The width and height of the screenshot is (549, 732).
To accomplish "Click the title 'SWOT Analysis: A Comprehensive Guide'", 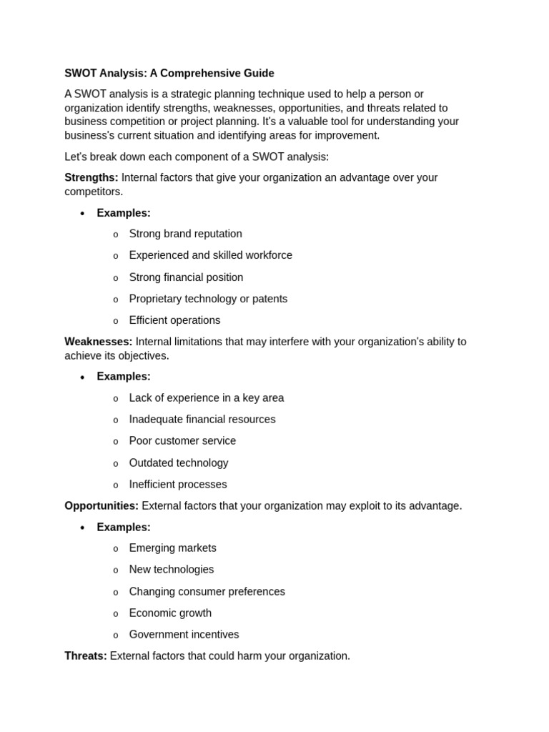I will click(169, 73).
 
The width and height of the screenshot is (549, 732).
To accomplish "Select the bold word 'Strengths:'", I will click(91, 177).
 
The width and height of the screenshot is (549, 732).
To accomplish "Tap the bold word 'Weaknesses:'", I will click(98, 342).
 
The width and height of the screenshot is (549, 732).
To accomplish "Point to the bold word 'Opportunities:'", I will click(102, 505).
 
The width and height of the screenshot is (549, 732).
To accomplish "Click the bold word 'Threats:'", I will click(86, 656).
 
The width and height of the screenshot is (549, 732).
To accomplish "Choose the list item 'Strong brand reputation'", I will click(185, 234).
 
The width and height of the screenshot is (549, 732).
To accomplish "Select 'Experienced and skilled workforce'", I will click(210, 255).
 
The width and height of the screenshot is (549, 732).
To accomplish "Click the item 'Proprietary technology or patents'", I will click(208, 299).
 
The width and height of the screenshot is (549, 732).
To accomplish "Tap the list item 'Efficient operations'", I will click(174, 320).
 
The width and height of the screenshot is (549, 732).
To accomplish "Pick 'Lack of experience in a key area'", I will click(206, 397).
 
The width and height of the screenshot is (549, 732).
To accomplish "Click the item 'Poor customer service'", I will click(182, 440).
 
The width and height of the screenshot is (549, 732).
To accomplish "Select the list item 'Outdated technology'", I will click(179, 463).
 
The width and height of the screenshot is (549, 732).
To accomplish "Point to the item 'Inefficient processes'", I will click(178, 484).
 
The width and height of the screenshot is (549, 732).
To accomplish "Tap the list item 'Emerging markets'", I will click(172, 548).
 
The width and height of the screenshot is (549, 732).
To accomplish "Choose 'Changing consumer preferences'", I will click(207, 591).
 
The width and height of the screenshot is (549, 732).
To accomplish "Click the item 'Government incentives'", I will click(184, 634).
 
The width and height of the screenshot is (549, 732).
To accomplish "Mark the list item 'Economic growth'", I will click(170, 613).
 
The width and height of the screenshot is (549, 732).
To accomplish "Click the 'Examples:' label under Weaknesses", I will click(124, 376).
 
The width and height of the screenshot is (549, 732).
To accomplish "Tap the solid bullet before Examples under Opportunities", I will click(82, 528).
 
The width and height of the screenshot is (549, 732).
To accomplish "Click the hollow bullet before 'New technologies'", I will click(116, 570).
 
